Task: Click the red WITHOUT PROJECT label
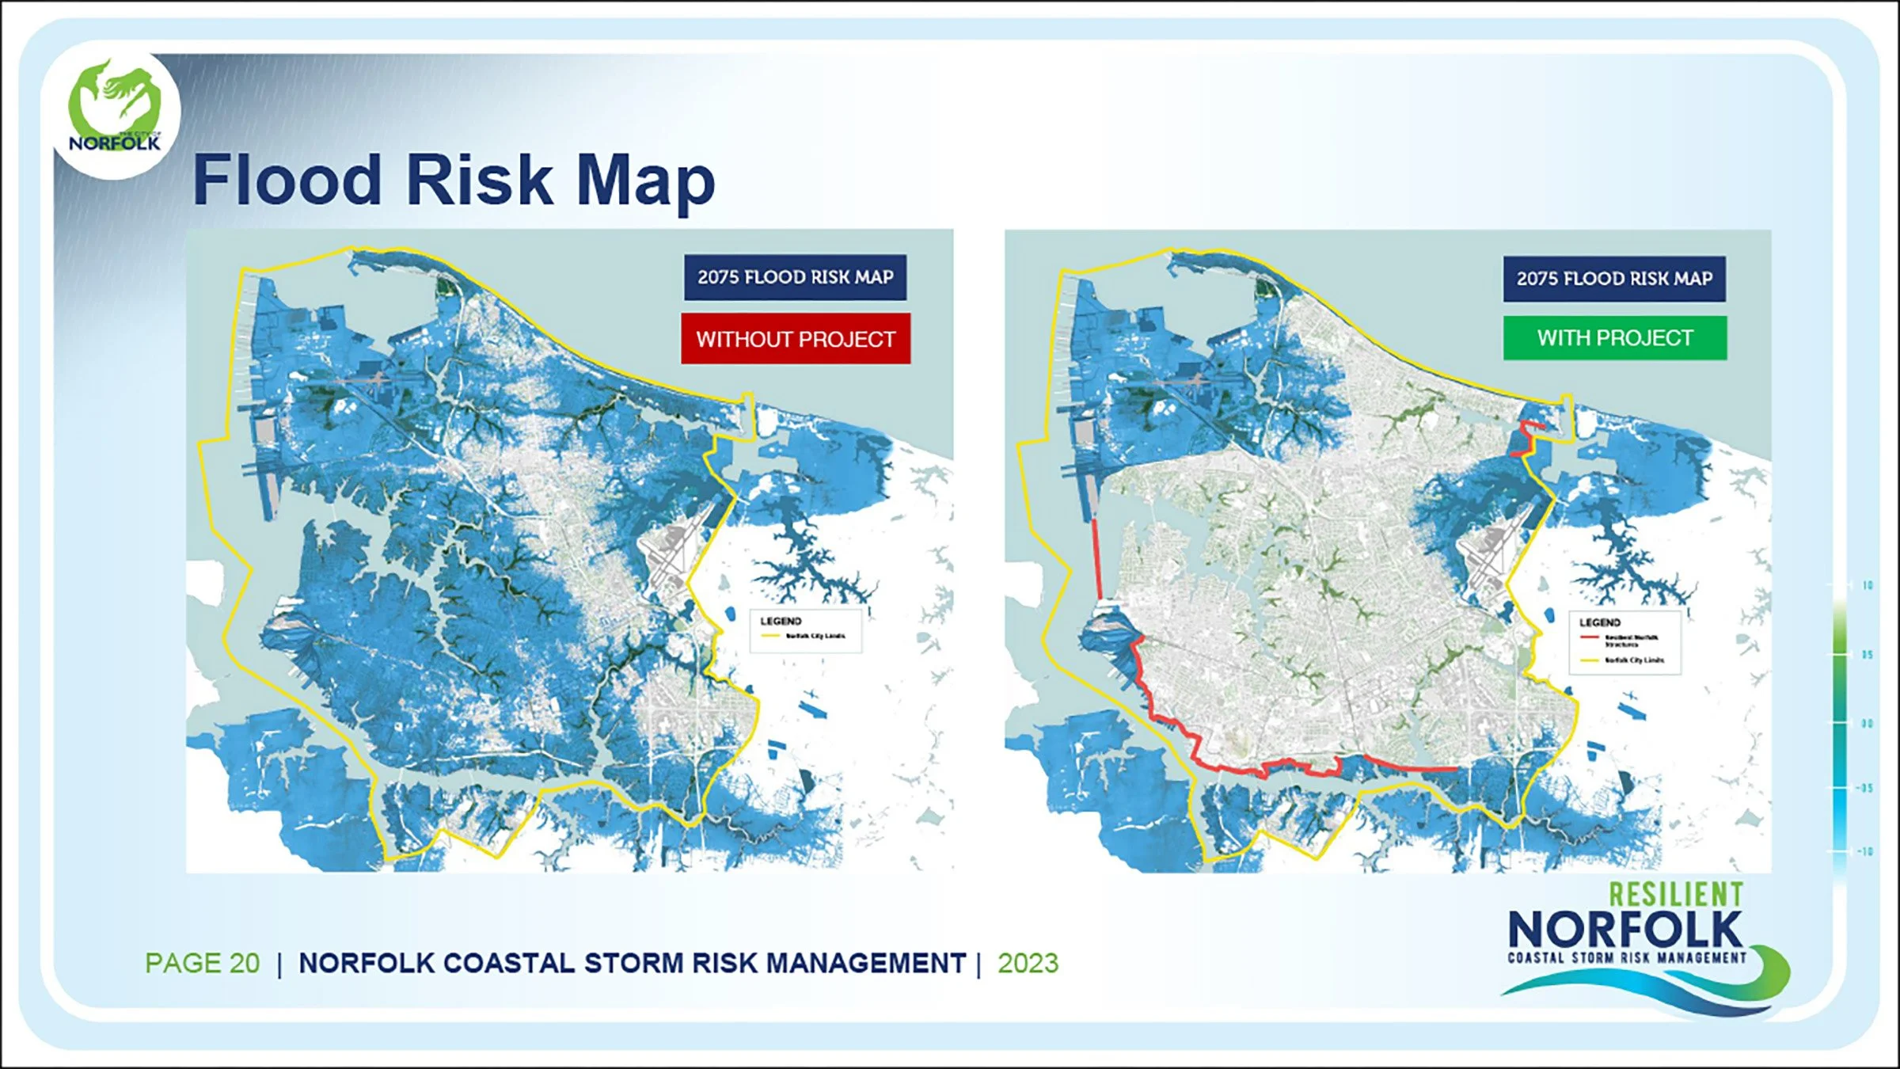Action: tap(796, 339)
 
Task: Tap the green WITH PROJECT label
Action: tap(1615, 338)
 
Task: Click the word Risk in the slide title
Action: tap(479, 181)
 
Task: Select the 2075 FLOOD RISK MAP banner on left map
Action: tap(795, 277)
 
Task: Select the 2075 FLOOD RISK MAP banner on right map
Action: tap(1614, 279)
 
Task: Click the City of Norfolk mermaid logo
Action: tap(115, 111)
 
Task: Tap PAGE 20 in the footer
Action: tap(202, 963)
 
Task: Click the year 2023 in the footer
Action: tap(1028, 963)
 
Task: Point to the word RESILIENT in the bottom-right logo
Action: tap(1676, 895)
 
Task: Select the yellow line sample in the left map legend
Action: tap(770, 636)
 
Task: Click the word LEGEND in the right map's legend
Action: tap(1599, 622)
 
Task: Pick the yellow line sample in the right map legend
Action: tap(1590, 660)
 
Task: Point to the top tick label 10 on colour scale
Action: tap(1868, 585)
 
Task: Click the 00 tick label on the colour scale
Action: tap(1867, 723)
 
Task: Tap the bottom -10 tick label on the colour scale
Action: tap(1865, 851)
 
